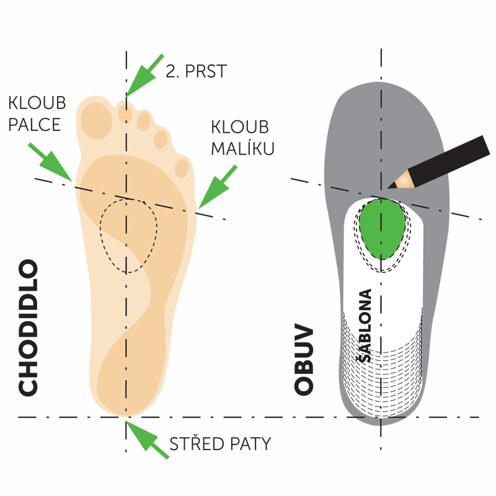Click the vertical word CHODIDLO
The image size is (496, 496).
29,328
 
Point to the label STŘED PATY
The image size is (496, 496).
220,444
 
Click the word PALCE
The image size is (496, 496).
35,124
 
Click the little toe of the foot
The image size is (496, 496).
182,168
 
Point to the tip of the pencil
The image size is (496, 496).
391,185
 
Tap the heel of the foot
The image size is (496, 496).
127,391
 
